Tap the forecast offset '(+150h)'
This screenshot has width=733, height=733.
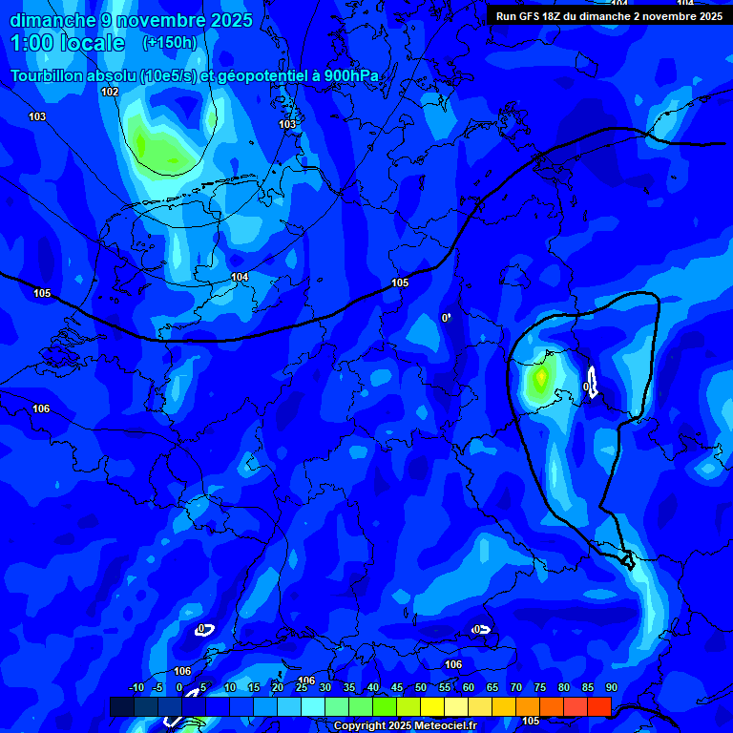pyautogui.click(x=169, y=43)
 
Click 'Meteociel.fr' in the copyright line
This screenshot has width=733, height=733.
pyautogui.click(x=441, y=726)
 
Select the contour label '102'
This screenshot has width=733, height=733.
pyautogui.click(x=110, y=92)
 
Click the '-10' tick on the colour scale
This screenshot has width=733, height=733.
pyautogui.click(x=136, y=688)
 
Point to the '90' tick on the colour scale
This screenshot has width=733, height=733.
pyautogui.click(x=611, y=688)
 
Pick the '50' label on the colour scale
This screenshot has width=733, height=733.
pyautogui.click(x=421, y=688)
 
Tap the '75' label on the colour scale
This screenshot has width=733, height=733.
pyautogui.click(x=540, y=688)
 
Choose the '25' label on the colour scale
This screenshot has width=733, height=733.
pyautogui.click(x=302, y=688)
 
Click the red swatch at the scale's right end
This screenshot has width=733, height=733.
pyautogui.click(x=598, y=706)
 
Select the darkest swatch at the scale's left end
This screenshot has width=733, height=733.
pyautogui.click(x=122, y=706)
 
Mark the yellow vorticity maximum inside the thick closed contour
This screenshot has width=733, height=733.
pyautogui.click(x=541, y=380)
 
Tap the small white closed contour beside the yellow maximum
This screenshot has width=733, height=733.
pyautogui.click(x=593, y=383)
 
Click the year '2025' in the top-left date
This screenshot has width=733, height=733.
pyautogui.click(x=228, y=20)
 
